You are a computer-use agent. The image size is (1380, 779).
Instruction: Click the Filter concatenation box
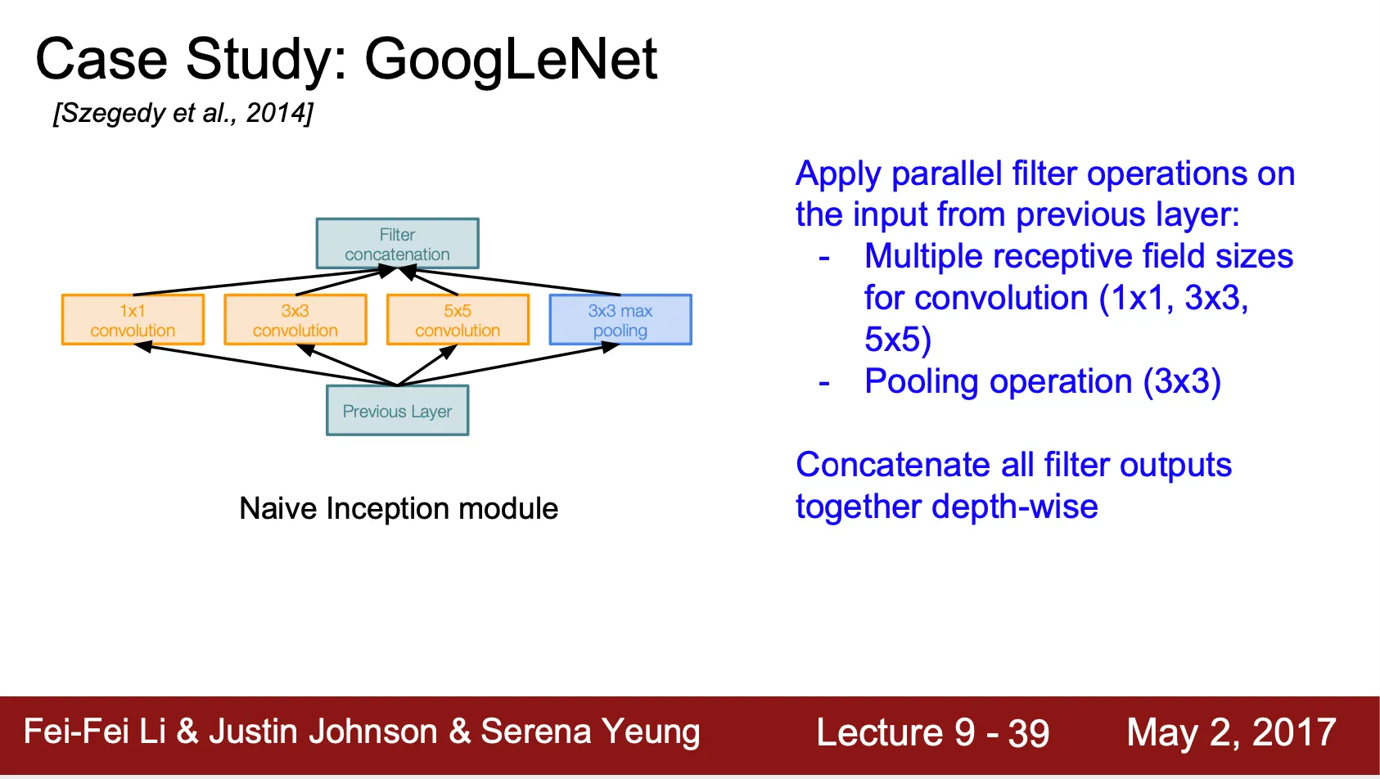coord(397,243)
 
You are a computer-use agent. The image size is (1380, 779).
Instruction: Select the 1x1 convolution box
coord(133,320)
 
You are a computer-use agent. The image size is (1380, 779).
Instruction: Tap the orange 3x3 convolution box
coord(295,320)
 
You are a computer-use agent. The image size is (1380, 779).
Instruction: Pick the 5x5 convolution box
coord(458,320)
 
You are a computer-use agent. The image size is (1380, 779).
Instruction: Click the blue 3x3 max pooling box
coord(620,320)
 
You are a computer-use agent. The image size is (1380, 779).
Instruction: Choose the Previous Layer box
coord(397,410)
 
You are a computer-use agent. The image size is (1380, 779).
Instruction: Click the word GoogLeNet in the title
coord(511,61)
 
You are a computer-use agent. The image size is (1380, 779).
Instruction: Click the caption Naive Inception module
coord(399,509)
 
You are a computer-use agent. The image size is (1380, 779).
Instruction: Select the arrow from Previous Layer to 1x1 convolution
coord(265,365)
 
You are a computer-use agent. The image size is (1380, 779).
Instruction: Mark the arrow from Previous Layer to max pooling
coord(509,365)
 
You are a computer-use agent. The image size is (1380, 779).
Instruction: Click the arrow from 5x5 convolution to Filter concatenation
coord(429,281)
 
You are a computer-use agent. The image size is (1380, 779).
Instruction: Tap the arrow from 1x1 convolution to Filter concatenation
coord(264,281)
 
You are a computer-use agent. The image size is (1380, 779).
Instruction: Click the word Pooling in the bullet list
coord(922,382)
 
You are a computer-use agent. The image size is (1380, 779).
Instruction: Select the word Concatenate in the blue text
coord(893,464)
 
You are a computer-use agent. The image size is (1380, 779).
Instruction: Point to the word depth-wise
coord(1015,507)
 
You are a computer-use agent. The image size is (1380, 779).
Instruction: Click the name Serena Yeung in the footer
coord(590,732)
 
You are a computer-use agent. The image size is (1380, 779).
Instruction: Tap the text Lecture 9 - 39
coord(933,733)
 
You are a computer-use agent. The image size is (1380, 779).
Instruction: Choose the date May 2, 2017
coord(1231,733)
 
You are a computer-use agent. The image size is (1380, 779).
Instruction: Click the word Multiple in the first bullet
coord(923,256)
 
